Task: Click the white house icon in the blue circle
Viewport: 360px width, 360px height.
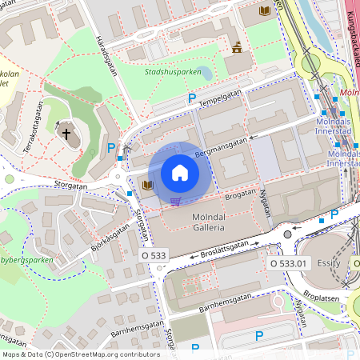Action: coord(180,172)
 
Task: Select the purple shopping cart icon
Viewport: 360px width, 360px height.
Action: coord(175,201)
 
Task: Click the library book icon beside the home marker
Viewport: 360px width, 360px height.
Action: coord(147,186)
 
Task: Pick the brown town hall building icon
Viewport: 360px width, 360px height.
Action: coord(237,47)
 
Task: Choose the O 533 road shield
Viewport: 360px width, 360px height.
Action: coord(154,255)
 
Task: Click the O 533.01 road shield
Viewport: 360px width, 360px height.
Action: coord(288,262)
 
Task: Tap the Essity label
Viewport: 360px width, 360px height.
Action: coord(329,262)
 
